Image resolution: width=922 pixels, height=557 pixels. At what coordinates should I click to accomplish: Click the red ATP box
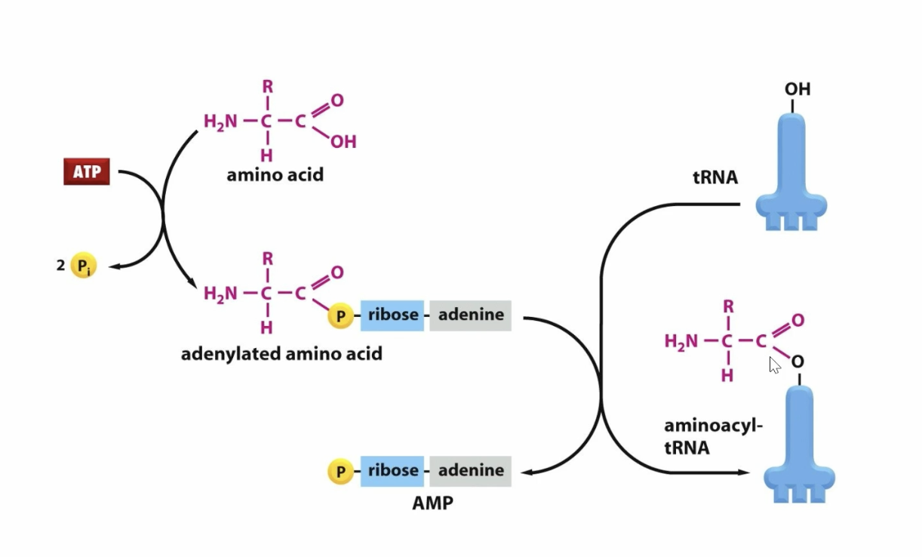86,172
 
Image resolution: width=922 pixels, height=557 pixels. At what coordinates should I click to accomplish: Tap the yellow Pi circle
83,266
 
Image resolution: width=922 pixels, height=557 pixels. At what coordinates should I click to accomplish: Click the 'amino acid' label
275,175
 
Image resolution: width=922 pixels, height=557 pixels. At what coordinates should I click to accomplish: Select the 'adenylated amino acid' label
281,353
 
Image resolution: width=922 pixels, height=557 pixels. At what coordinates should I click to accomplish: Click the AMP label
433,503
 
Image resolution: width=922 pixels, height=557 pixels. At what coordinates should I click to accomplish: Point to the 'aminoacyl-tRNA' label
712,436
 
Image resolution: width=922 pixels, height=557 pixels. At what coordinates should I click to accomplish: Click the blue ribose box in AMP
394,471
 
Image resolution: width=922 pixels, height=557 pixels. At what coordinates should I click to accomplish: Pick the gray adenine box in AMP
471,471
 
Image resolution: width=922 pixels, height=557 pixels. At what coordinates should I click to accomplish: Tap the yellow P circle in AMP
340,472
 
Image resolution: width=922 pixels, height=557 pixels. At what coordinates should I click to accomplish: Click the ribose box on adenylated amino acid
394,315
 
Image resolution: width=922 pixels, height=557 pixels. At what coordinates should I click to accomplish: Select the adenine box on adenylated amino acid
471,315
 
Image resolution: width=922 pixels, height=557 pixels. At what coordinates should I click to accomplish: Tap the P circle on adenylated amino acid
340,316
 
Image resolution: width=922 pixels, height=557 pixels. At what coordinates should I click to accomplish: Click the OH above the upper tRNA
797,89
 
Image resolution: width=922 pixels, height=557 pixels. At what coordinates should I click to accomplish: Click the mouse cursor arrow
774,365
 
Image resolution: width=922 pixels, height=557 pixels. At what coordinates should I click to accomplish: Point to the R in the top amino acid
267,87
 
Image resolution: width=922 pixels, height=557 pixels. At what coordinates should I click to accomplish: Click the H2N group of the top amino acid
220,121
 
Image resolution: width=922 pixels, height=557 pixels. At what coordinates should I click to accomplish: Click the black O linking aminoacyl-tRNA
798,363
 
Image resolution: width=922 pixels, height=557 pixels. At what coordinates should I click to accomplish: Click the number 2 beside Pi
60,265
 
